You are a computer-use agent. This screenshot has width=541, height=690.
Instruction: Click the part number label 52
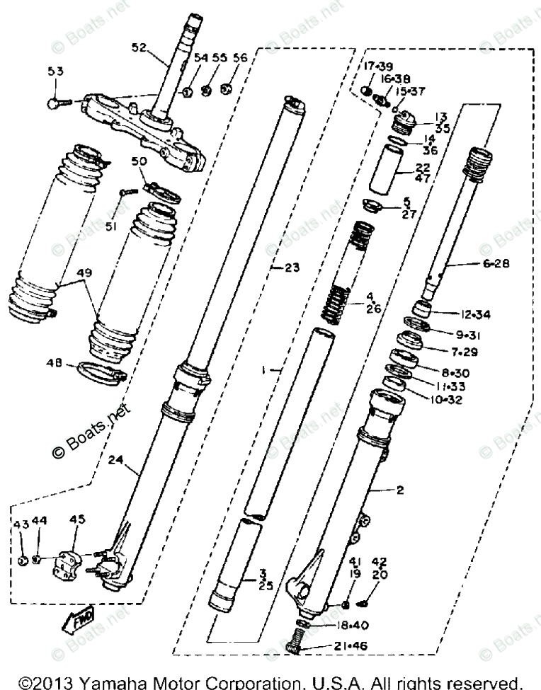(138, 48)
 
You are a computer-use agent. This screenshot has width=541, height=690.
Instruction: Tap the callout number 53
(55, 71)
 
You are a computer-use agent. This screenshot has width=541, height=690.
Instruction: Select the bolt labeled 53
(55, 103)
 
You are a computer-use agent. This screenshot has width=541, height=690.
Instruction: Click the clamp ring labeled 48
(101, 371)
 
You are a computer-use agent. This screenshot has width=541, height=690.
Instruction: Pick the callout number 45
(76, 520)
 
